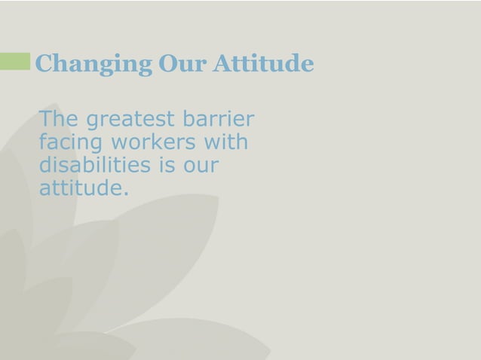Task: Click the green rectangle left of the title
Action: pos(15,63)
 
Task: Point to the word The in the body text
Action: pos(59,119)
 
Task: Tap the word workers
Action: pos(158,142)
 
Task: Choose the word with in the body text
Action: pos(230,142)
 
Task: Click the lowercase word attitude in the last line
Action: pos(78,188)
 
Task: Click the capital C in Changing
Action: pos(44,64)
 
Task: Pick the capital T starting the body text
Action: pos(46,119)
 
